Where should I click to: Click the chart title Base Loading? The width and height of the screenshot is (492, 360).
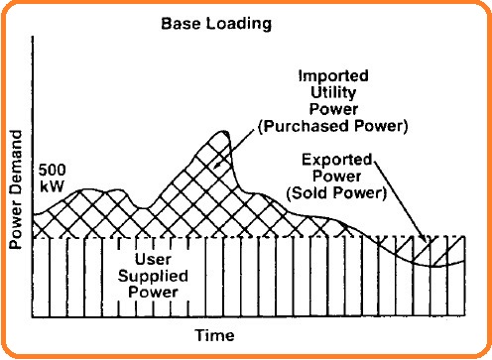point(216,24)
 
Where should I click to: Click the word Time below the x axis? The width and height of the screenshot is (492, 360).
point(215,335)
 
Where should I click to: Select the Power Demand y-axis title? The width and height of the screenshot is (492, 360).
point(15,189)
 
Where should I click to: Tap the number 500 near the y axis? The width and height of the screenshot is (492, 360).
point(52,171)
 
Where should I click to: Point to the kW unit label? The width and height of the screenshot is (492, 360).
point(52,186)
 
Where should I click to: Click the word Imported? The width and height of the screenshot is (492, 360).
point(333,76)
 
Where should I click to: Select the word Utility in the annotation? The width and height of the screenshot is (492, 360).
point(333,92)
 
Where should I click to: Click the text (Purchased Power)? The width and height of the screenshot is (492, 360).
point(333,126)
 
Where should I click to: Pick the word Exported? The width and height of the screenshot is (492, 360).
point(337,160)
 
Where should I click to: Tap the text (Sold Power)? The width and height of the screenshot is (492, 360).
point(336,193)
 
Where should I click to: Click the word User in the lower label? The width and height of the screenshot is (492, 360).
point(153,259)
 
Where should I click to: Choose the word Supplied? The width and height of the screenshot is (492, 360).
point(153,276)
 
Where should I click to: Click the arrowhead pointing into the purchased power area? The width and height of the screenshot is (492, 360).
point(216,165)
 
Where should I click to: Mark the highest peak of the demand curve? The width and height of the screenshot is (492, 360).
point(224,132)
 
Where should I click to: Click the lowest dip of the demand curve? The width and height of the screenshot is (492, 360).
point(432,266)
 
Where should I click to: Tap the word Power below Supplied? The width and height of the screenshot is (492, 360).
point(153,293)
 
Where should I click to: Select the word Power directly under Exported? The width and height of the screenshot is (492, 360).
point(337,177)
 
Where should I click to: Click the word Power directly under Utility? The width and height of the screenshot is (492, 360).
point(333,109)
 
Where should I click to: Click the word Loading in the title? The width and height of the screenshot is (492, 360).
point(238,24)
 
